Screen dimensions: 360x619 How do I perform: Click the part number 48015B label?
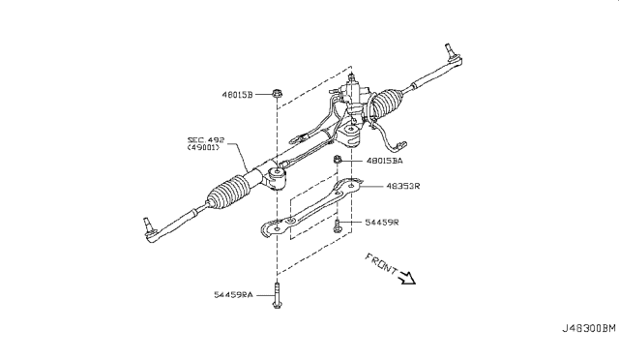238,95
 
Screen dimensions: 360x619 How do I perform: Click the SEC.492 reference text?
206,139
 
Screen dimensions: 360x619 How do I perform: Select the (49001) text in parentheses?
206,149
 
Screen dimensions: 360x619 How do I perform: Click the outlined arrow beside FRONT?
406,279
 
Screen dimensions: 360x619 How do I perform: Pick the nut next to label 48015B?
277,95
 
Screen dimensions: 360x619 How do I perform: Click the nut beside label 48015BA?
337,159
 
